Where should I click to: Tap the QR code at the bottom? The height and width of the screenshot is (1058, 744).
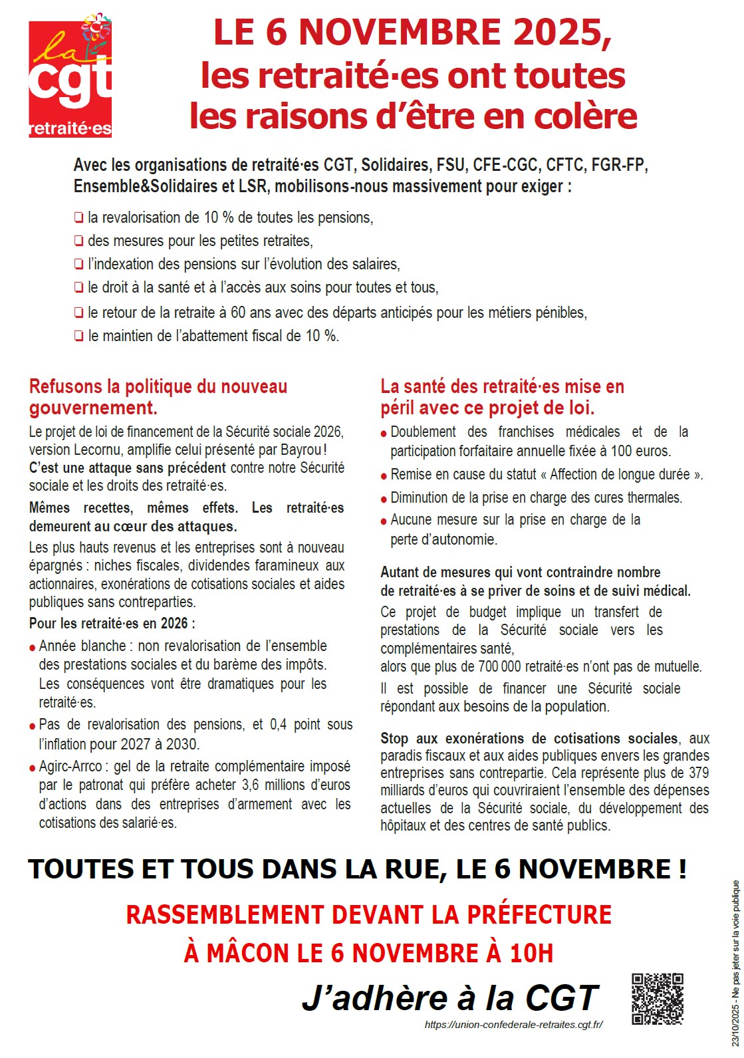click(x=657, y=998)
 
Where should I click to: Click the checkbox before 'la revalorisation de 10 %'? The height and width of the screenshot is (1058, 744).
click(x=79, y=217)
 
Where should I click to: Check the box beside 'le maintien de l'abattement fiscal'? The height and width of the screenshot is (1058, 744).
click(x=79, y=336)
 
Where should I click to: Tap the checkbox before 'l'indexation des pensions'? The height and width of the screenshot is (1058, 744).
click(x=79, y=265)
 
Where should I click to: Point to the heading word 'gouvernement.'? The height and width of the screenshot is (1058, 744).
click(x=93, y=408)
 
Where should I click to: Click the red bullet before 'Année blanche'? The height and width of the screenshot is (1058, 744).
click(x=33, y=648)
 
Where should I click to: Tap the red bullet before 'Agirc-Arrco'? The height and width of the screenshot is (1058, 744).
click(x=33, y=768)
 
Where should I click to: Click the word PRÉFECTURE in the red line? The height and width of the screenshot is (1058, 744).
click(x=539, y=915)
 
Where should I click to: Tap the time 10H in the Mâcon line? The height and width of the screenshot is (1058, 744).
click(x=531, y=954)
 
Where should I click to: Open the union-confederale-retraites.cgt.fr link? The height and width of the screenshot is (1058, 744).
click(x=513, y=1025)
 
